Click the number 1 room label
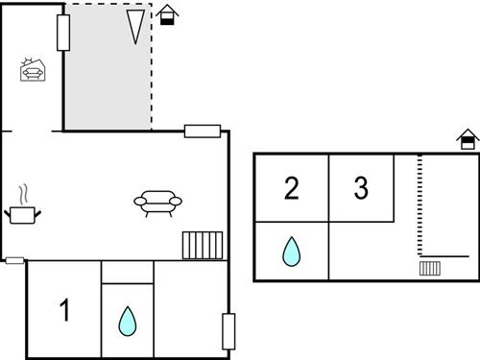[x=65, y=311]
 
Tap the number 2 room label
[x=292, y=188]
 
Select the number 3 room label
[x=361, y=188]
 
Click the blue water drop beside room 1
[x=127, y=321]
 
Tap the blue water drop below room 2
[x=291, y=252]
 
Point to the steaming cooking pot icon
[x=22, y=212]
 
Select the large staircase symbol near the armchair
[x=203, y=245]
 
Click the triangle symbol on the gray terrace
[x=136, y=27]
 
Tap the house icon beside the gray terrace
[x=168, y=14]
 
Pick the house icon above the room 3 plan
[x=467, y=140]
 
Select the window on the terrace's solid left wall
[x=63, y=33]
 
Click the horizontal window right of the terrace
[x=203, y=132]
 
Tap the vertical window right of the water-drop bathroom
[x=228, y=331]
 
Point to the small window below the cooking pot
[x=14, y=260]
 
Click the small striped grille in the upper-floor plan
[x=429, y=268]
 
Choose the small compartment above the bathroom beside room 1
[x=127, y=272]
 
